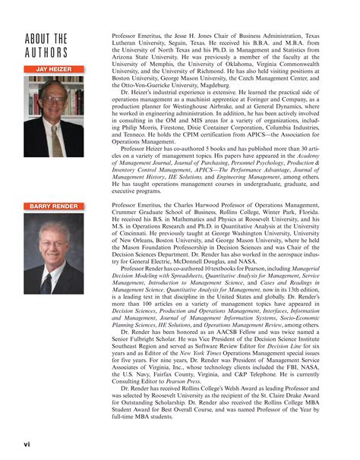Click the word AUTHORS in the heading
click(47, 52)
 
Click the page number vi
click(27, 440)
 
